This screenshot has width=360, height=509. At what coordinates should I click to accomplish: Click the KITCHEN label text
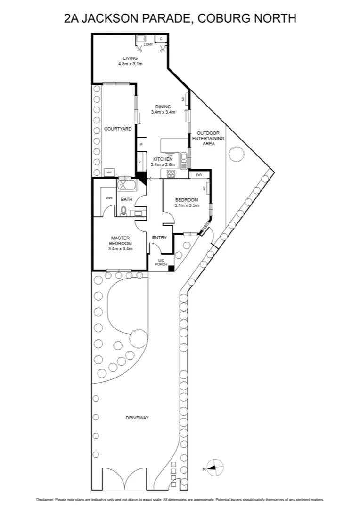point(163,159)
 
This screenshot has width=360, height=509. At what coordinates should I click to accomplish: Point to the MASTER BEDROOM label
point(120,240)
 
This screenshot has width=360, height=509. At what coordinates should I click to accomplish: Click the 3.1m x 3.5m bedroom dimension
point(187,205)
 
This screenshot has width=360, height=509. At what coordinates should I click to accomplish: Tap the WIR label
point(108,198)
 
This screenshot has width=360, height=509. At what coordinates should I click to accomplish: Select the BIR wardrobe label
point(199,174)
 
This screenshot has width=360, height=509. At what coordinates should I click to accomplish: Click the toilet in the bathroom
point(123,211)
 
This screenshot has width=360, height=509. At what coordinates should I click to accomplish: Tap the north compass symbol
point(215,468)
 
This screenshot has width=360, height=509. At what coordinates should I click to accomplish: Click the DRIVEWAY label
point(137,418)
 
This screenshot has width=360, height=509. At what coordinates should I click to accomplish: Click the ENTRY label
point(159,238)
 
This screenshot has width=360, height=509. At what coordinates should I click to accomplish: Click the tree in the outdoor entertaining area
point(235,153)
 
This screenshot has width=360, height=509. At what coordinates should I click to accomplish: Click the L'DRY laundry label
point(148,44)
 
